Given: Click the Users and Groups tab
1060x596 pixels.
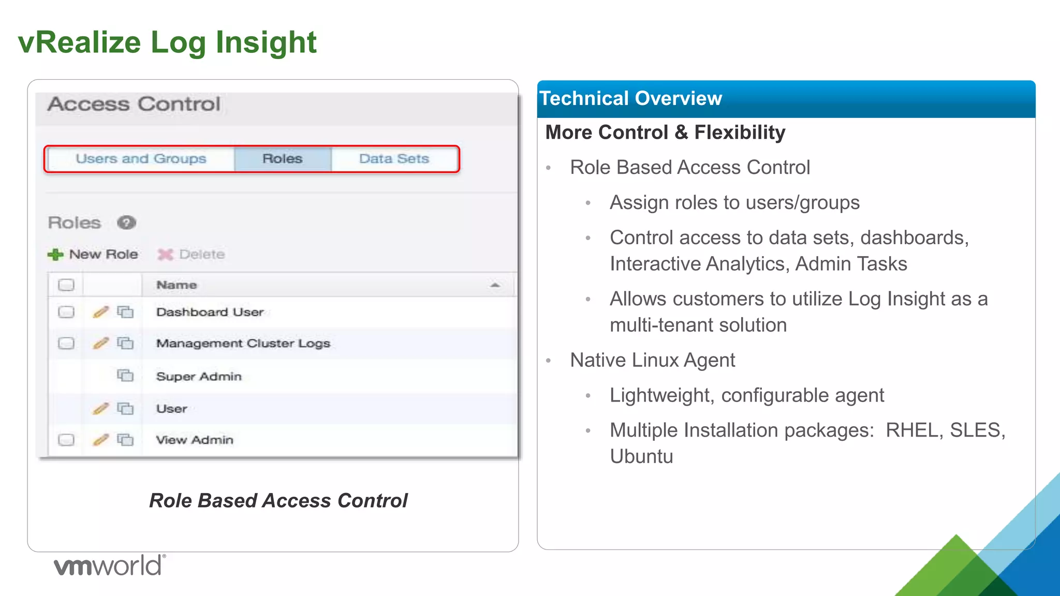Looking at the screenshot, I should [140, 159].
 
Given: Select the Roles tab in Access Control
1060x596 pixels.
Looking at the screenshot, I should [282, 159].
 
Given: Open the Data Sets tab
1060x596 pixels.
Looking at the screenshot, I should [394, 159].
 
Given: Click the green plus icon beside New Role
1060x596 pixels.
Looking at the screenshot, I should [55, 255].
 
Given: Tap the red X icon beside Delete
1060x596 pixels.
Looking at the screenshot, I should [165, 255].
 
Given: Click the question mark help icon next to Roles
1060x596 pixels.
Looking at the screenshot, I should [126, 222].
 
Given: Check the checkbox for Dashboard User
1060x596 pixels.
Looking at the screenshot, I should [66, 312].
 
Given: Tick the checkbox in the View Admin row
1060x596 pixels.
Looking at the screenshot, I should [66, 440].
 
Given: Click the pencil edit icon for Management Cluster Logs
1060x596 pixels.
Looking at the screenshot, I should [101, 343].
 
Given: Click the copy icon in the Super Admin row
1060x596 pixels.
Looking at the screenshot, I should [125, 375].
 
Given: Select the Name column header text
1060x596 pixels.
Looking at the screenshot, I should [176, 285].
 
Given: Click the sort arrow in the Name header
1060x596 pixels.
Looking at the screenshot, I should [495, 285].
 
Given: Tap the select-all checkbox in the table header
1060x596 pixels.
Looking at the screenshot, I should [66, 285].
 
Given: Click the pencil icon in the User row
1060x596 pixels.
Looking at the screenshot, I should [101, 408].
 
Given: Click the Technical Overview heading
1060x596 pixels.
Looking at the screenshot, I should [630, 98].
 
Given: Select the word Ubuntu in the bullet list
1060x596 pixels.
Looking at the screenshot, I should [641, 456].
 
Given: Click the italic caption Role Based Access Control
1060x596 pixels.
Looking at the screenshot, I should [278, 500].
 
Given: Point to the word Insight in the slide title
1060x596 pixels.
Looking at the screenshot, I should [266, 42].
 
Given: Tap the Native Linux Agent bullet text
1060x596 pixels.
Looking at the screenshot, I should [652, 360].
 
